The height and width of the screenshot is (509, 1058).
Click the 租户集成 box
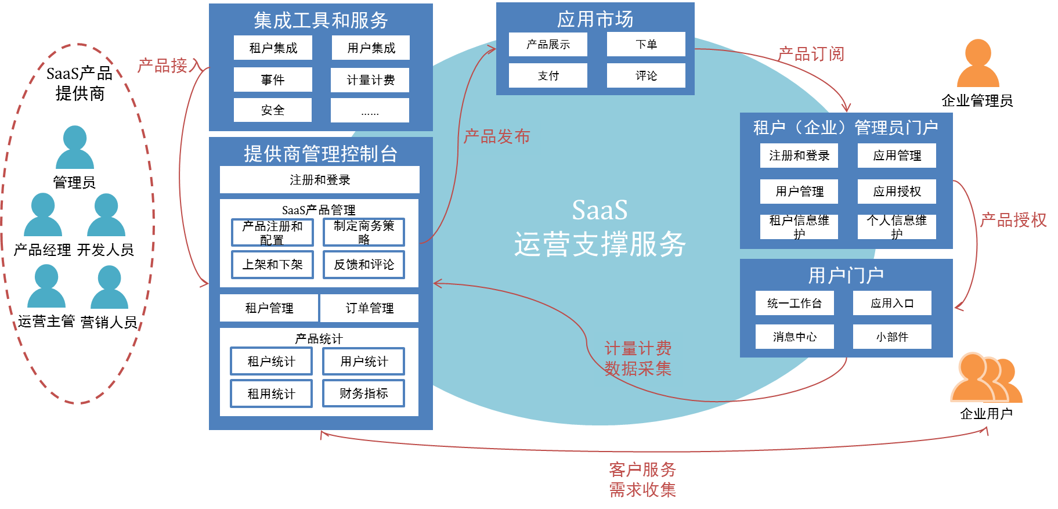[x=273, y=48]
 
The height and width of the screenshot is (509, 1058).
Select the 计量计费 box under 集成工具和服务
[x=370, y=80]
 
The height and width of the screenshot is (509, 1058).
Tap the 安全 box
[x=273, y=110]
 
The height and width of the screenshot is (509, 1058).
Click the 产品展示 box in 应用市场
[x=548, y=44]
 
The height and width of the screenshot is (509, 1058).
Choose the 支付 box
[x=548, y=75]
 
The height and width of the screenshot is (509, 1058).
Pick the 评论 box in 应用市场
[x=646, y=75]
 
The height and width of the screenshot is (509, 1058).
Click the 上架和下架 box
[x=272, y=265]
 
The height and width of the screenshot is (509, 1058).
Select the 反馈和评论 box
[x=364, y=265]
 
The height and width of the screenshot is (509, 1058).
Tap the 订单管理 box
[x=369, y=308]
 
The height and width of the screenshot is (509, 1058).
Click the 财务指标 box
[x=364, y=394]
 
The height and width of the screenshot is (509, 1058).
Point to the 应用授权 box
[x=897, y=192]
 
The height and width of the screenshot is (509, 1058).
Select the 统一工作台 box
[x=795, y=303]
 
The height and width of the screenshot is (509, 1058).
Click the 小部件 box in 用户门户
[x=892, y=337]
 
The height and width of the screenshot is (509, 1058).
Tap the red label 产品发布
[x=497, y=136]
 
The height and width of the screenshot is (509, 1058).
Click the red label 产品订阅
[x=811, y=54]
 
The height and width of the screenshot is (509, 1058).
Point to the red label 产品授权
[x=1013, y=220]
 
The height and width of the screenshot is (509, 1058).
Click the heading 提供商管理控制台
[x=320, y=154]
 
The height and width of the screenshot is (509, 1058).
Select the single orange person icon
[x=978, y=64]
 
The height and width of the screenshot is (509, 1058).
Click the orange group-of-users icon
[x=985, y=378]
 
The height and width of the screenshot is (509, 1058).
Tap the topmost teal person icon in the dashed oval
[x=75, y=147]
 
